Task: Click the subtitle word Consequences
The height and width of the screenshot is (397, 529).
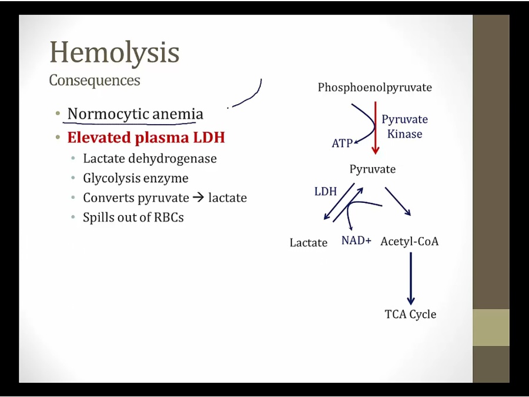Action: click(x=94, y=80)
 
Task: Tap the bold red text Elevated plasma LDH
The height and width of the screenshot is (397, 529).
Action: click(x=146, y=138)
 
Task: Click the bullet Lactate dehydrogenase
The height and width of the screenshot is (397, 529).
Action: click(x=149, y=158)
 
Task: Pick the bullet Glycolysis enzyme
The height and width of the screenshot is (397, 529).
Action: click(x=135, y=178)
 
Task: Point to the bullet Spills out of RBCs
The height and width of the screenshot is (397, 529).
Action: click(x=133, y=217)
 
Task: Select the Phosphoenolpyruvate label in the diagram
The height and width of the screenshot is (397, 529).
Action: click(x=374, y=88)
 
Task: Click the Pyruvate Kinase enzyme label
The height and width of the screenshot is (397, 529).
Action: click(x=404, y=126)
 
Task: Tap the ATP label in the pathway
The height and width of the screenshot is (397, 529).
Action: click(x=341, y=143)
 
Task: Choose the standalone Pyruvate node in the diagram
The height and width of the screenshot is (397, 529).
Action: click(x=372, y=169)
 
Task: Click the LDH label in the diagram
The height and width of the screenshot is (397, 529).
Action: click(x=325, y=191)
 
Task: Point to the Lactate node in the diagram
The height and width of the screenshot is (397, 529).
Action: click(x=308, y=242)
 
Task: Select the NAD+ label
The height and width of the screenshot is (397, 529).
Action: click(x=356, y=241)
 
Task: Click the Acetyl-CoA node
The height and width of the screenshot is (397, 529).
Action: click(x=409, y=241)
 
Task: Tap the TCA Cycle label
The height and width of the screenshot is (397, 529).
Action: click(x=410, y=314)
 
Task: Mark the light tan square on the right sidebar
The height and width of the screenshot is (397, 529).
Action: click(x=491, y=327)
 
